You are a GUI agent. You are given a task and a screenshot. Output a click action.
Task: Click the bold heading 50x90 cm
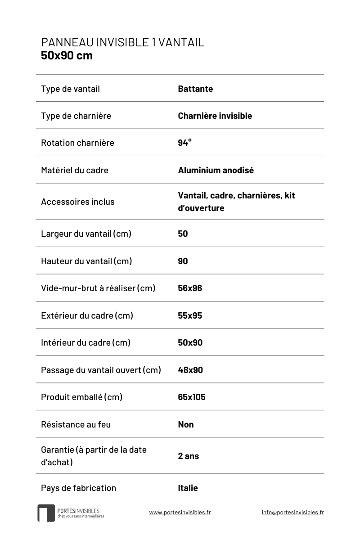tap(67, 56)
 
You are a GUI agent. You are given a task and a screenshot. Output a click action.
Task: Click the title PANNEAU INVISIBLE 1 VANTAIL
tap(122, 42)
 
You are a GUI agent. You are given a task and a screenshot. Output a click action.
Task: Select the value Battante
tap(195, 89)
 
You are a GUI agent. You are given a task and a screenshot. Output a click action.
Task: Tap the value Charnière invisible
tap(215, 116)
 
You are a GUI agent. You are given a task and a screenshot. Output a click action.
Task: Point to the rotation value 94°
tap(184, 143)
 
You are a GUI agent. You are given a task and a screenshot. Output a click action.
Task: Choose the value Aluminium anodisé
tap(216, 170)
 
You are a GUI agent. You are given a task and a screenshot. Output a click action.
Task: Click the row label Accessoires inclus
tap(77, 202)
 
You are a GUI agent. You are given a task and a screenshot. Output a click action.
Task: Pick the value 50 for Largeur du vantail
tap(183, 234)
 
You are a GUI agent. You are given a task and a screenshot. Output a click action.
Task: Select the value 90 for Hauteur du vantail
tap(183, 261)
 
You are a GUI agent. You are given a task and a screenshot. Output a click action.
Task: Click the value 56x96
tap(190, 288)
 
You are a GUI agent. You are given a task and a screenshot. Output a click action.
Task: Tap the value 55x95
tap(190, 315)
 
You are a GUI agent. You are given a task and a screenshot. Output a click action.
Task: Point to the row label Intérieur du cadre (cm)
tap(85, 342)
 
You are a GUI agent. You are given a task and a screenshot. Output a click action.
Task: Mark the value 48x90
tap(190, 370)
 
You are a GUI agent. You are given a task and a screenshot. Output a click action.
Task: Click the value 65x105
tap(191, 397)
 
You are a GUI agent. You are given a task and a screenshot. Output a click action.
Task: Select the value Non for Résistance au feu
tap(186, 424)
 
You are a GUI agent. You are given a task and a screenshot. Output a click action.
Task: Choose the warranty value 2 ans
tap(188, 456)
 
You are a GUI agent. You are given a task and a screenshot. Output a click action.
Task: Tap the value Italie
tap(188, 488)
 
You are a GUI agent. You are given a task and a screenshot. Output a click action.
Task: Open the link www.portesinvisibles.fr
tap(180, 512)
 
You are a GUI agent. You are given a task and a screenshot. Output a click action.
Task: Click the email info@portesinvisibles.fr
tap(292, 512)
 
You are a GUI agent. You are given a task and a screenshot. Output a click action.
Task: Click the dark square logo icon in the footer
tap(46, 513)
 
